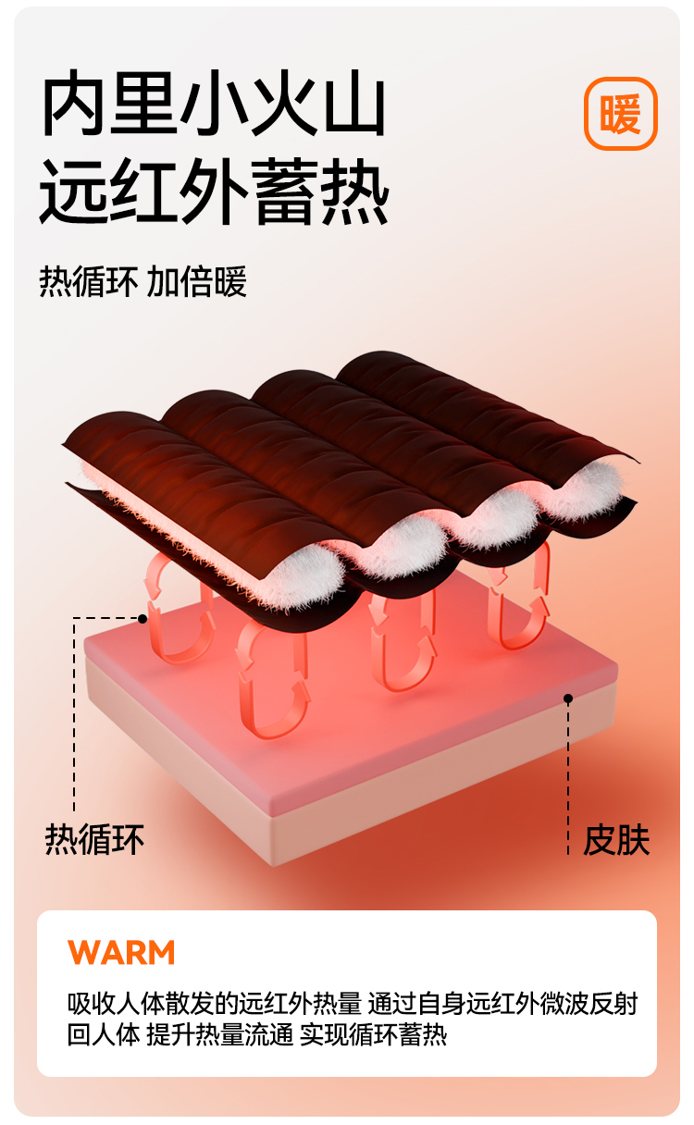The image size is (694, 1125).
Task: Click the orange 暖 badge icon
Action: point(620,114)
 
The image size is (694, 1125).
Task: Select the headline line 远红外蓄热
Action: point(214,192)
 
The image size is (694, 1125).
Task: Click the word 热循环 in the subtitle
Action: point(89,282)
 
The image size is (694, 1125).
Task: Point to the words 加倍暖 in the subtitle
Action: point(198,282)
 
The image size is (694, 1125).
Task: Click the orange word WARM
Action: point(121,952)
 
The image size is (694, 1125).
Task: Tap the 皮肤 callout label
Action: point(616,840)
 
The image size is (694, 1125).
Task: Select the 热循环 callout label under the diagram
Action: point(95,840)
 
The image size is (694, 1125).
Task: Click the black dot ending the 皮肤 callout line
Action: point(568,698)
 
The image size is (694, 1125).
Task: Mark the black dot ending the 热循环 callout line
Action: point(143,618)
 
